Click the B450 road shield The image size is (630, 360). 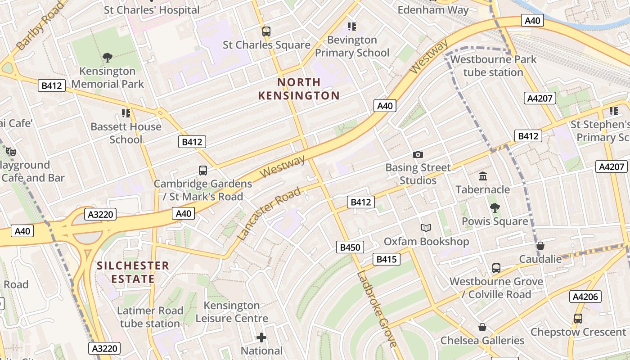point(350,247)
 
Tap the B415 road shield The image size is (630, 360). point(386,259)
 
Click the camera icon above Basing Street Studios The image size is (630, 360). point(418,155)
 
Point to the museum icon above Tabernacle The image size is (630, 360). point(483,176)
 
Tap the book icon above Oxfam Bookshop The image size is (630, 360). point(426,228)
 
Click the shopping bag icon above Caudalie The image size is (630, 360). point(540,246)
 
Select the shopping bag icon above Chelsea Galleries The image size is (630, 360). point(482,327)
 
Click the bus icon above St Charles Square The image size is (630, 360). point(266,31)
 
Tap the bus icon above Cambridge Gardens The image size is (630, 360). point(203,171)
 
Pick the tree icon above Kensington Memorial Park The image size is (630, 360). point(107,57)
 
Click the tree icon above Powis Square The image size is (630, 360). point(495,207)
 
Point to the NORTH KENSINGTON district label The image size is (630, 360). point(299,89)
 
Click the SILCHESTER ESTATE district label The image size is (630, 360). point(133,272)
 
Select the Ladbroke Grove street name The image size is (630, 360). point(378,309)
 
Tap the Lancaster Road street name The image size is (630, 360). point(269,214)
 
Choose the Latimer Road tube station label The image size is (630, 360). point(150,317)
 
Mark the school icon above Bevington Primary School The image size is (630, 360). point(352,27)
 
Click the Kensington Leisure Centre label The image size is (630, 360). point(232,312)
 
